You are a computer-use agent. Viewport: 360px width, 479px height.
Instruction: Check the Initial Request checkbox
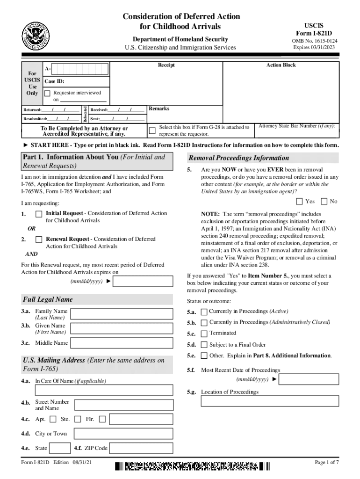(39, 214)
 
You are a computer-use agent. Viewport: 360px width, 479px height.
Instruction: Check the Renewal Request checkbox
(39, 240)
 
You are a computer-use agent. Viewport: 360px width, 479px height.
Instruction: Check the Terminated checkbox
(204, 334)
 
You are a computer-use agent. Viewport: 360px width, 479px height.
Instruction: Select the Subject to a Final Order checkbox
(204, 345)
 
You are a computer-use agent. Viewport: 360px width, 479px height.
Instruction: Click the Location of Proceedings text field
(270, 401)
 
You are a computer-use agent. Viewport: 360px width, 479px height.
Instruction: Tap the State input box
(60, 448)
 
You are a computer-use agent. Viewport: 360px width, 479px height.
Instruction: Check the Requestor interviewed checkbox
(47, 93)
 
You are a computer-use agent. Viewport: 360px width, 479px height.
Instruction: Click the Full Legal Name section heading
(48, 299)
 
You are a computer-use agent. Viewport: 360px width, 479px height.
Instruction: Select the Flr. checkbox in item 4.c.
(102, 419)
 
